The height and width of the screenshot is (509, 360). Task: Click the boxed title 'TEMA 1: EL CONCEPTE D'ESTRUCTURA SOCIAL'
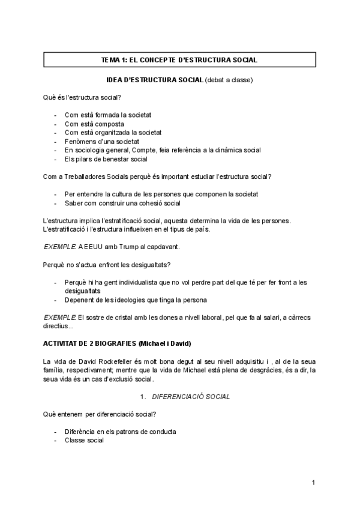point(179,60)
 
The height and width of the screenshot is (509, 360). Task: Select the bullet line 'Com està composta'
point(94,124)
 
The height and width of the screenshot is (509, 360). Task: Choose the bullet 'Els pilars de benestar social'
point(106,158)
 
